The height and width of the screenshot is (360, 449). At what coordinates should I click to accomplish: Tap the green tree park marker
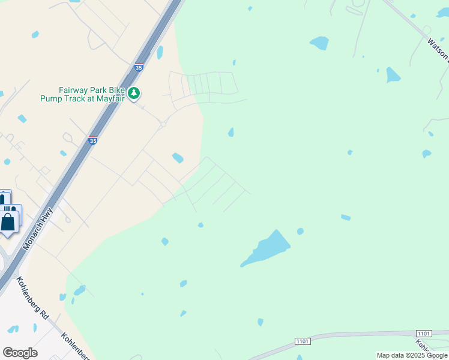pos(134,93)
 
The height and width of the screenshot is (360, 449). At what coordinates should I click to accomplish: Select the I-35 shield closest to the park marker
pos(139,67)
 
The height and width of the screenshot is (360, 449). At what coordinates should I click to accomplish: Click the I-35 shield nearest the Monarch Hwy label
pos(92,140)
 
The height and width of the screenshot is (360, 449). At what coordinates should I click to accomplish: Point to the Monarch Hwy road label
pos(37,229)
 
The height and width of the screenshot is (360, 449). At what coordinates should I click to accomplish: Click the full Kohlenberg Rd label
pos(32,297)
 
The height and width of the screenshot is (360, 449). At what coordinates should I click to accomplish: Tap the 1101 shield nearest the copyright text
pos(424,333)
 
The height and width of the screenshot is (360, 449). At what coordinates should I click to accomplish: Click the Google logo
pos(20,353)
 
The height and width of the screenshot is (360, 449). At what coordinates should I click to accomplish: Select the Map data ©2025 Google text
pos(411,355)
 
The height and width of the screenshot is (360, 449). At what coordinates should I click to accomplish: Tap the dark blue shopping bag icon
pos(8,222)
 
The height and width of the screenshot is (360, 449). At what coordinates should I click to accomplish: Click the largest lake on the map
pos(267,248)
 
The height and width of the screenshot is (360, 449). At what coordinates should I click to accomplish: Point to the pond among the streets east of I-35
pos(178,158)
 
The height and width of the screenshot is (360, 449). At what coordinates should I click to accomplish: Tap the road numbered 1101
pos(360,335)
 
